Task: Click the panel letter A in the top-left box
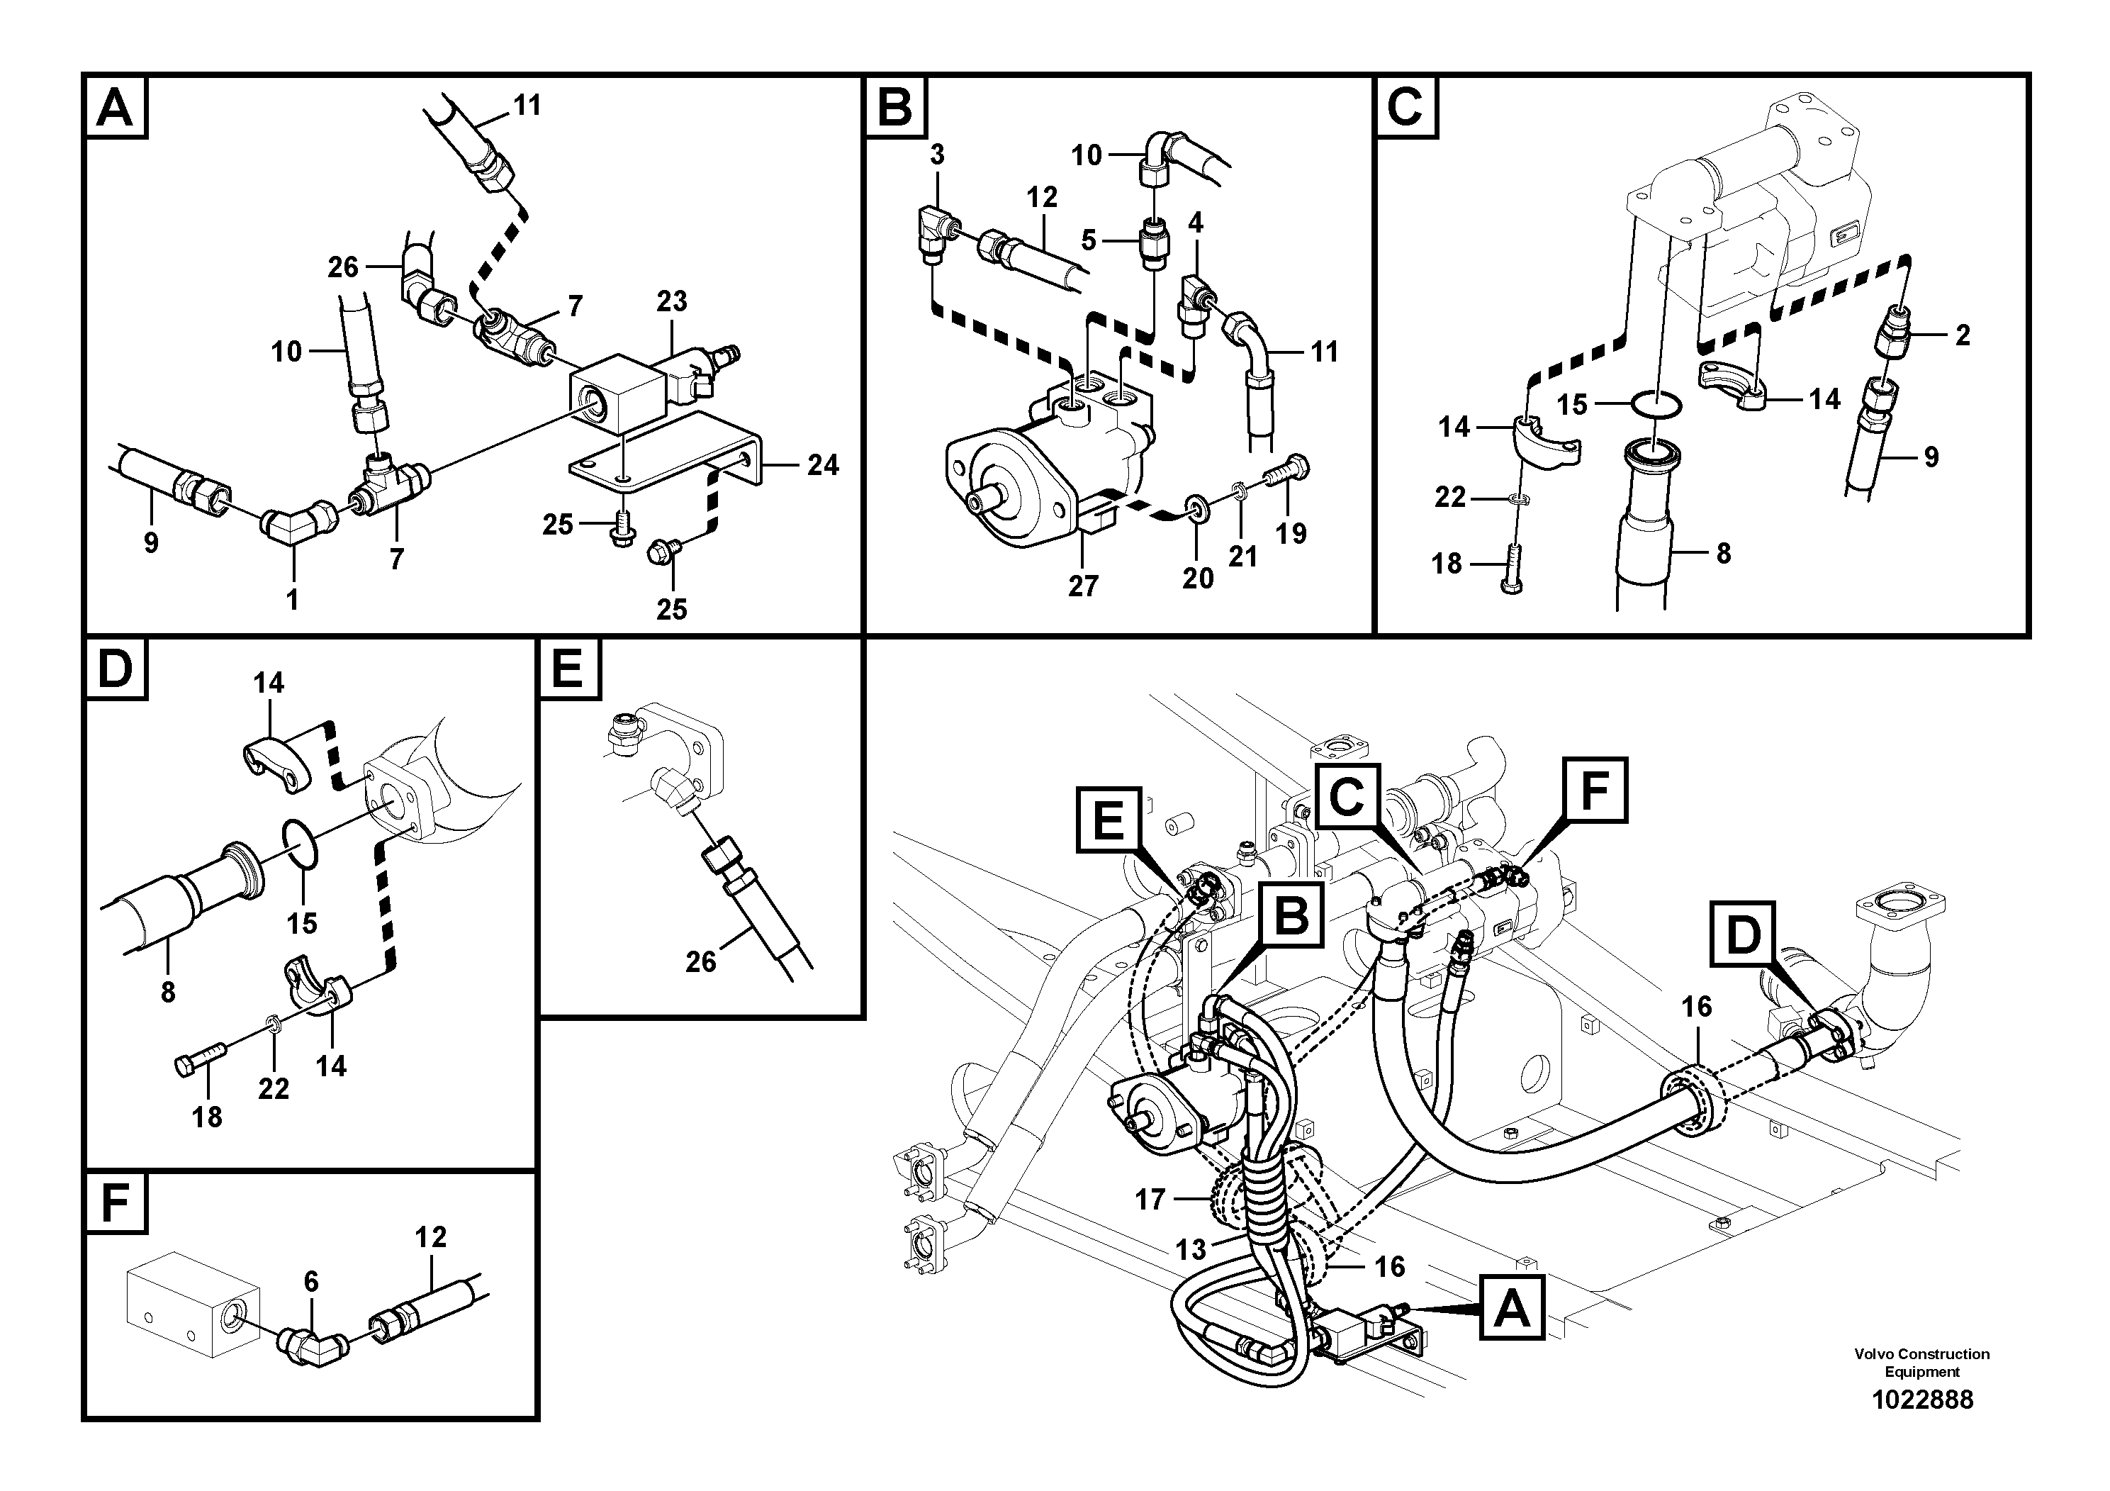115,108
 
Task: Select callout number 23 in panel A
672,301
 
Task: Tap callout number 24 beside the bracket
822,465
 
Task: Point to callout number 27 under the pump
1082,586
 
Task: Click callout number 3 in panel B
936,155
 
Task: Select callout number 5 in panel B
1089,241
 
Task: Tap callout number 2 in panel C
1962,335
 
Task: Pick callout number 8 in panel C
1723,554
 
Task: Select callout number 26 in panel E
700,961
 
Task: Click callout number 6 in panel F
310,1281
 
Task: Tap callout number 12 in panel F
430,1237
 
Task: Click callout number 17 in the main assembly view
1150,1200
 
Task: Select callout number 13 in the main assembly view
1190,1250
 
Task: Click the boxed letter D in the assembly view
1742,935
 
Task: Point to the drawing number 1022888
1921,1400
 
